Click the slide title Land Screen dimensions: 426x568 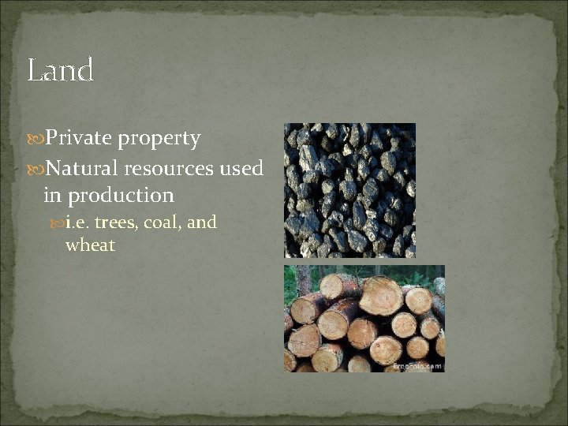pos(61,70)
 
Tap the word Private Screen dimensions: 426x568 pos(79,139)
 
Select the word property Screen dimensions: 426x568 pos(159,139)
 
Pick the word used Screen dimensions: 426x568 pos(242,167)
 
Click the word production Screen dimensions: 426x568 pos(121,195)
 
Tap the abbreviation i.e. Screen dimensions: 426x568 pos(77,222)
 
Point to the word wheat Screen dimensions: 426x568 pos(90,245)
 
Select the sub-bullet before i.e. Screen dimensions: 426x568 pos(59,223)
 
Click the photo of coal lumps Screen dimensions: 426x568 pos(349,190)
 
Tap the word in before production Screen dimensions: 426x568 pos(53,195)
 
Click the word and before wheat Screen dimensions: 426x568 pos(202,222)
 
